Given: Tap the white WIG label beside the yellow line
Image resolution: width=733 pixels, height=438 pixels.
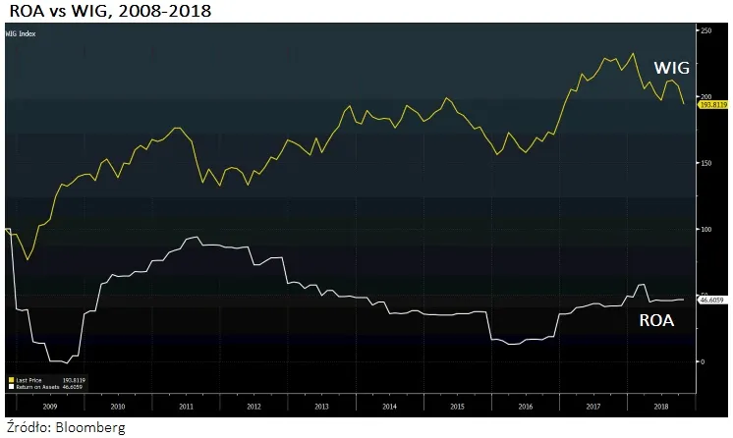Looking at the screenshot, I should point(672,69).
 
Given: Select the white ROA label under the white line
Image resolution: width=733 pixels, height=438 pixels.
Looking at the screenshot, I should point(656,320).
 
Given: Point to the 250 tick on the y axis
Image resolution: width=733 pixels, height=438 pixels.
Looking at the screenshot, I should point(704,31).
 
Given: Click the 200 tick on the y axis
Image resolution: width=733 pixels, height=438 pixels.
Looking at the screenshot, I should point(704,96).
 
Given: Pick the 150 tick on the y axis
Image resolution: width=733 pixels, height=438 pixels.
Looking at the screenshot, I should point(704,163).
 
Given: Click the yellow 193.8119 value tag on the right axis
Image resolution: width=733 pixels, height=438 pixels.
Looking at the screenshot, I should point(712,103).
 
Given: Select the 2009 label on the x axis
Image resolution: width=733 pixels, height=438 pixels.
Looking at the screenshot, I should point(49,405).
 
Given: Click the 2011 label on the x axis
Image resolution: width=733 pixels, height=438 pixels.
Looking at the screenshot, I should point(186,405).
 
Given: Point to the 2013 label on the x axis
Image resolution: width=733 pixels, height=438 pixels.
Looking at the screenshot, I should point(321,405).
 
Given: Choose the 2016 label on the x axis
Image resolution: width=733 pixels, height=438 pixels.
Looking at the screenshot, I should point(525,405).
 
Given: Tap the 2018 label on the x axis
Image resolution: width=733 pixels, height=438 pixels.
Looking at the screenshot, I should point(660,405).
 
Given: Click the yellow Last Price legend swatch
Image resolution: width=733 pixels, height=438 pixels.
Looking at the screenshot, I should point(10,378).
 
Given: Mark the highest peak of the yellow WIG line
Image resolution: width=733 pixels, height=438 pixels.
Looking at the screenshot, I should point(633,53).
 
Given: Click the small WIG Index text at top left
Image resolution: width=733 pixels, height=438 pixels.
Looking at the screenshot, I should point(20,33).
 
